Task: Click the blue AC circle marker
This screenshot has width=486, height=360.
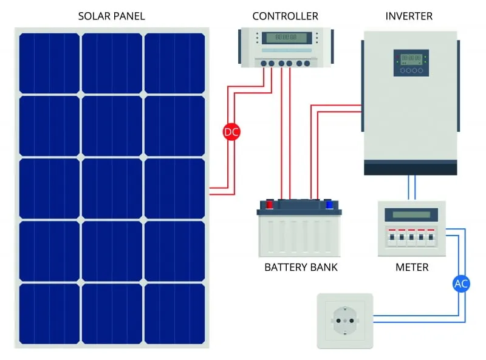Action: tap(462, 284)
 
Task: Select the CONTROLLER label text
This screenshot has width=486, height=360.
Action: tap(285, 16)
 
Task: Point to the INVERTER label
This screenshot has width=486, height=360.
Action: tap(409, 16)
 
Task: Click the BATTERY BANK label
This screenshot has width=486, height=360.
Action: tap(301, 267)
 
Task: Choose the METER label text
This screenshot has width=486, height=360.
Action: tap(412, 267)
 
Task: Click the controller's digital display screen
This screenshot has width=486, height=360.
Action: tap(286, 38)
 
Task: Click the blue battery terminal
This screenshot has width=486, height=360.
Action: tap(329, 205)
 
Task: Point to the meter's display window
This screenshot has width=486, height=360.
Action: tap(411, 214)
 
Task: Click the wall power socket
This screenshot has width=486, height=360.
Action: tap(344, 321)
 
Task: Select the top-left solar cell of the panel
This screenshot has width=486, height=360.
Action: tap(49, 63)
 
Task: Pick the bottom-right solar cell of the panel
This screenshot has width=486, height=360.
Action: tap(174, 313)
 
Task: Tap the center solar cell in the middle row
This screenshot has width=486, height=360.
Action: tap(112, 188)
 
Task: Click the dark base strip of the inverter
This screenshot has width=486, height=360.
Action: tap(410, 168)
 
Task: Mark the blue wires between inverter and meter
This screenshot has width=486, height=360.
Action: tap(411, 188)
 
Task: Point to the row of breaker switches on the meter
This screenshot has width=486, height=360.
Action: tap(411, 238)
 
